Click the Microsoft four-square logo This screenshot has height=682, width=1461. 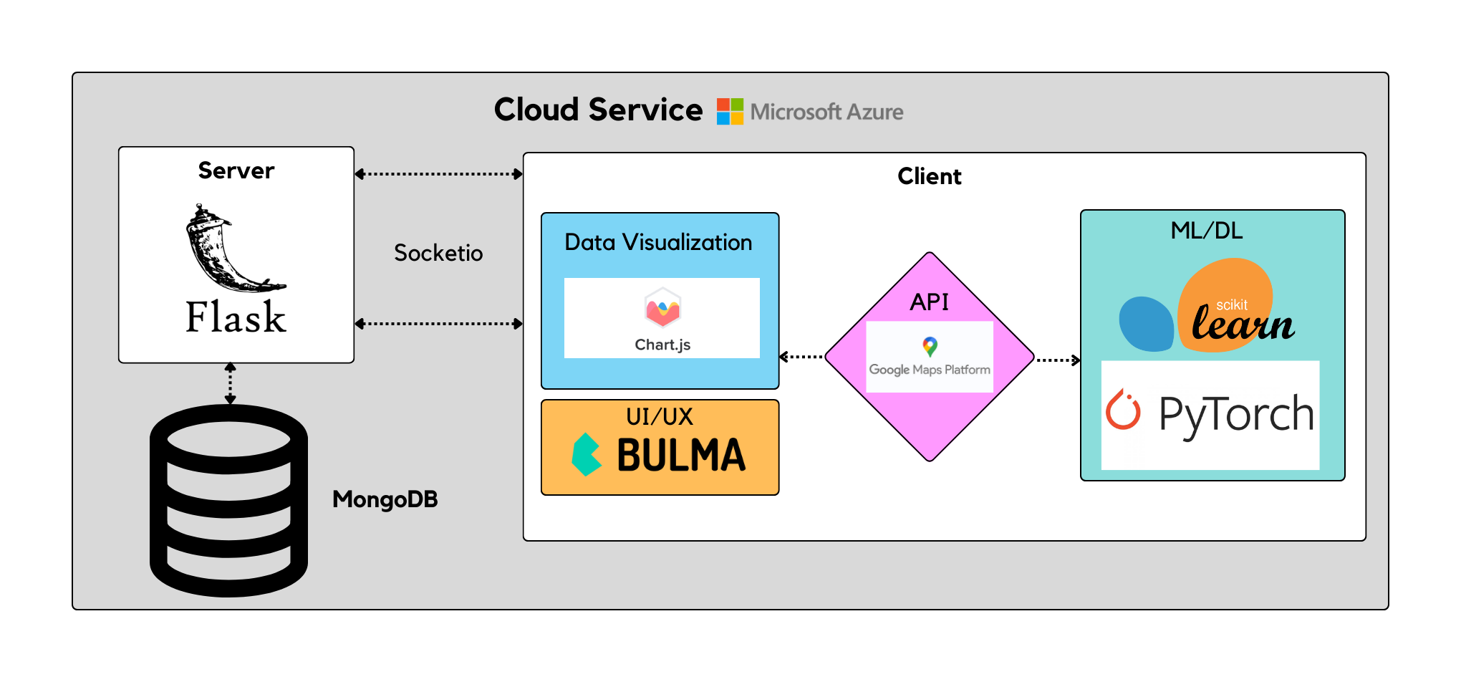coord(730,112)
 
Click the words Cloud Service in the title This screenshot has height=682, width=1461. coord(598,110)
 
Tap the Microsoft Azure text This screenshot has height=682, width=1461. coord(826,112)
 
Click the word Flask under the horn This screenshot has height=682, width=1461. coord(236,317)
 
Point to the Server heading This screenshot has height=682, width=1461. coord(236,170)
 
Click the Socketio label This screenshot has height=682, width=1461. coord(438,253)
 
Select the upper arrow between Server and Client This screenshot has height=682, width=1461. coord(439,174)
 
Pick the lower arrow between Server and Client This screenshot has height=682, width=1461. coord(439,324)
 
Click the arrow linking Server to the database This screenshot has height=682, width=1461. coord(230,383)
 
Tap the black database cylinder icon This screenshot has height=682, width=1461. coord(229,501)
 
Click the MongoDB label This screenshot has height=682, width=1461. coord(385,499)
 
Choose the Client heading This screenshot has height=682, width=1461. coord(930,176)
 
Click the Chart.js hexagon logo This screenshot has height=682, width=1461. coord(662,309)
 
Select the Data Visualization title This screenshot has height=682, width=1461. coord(658,242)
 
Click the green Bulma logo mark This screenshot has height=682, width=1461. coord(587,455)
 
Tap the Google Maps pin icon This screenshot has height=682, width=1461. coord(930,347)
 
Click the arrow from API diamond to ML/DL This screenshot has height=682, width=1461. coord(1058,360)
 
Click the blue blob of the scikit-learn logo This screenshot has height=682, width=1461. coord(1147,324)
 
